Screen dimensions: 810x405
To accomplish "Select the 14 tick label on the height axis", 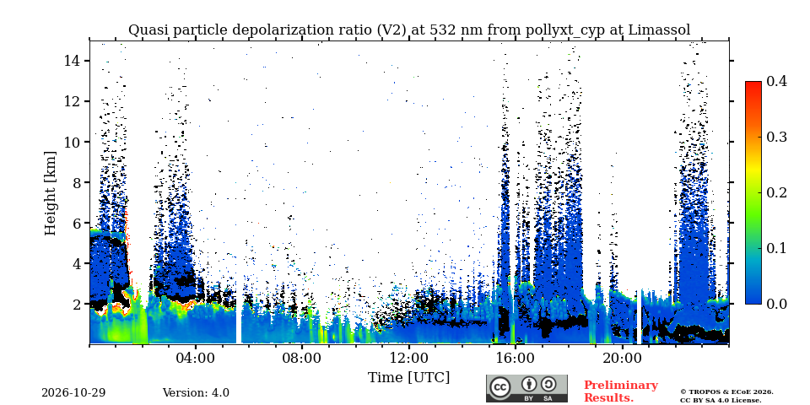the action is (74, 61).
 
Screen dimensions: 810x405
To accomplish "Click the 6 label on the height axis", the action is (78, 223).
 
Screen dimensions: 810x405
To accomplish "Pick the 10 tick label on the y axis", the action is (74, 142).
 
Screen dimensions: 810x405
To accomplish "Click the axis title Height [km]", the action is (50, 193).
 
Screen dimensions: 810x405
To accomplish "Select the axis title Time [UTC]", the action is (408, 378).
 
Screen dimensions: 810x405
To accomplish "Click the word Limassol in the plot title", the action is (659, 30).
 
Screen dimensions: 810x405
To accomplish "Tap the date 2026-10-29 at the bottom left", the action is (73, 393).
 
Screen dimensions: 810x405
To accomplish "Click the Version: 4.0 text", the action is (196, 393).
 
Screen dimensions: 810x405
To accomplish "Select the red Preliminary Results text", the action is (621, 391).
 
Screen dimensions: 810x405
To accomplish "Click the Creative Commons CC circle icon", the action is (499, 387).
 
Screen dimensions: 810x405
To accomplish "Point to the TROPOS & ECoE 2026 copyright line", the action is (726, 392).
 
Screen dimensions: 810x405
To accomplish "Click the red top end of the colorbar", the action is (753, 83).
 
